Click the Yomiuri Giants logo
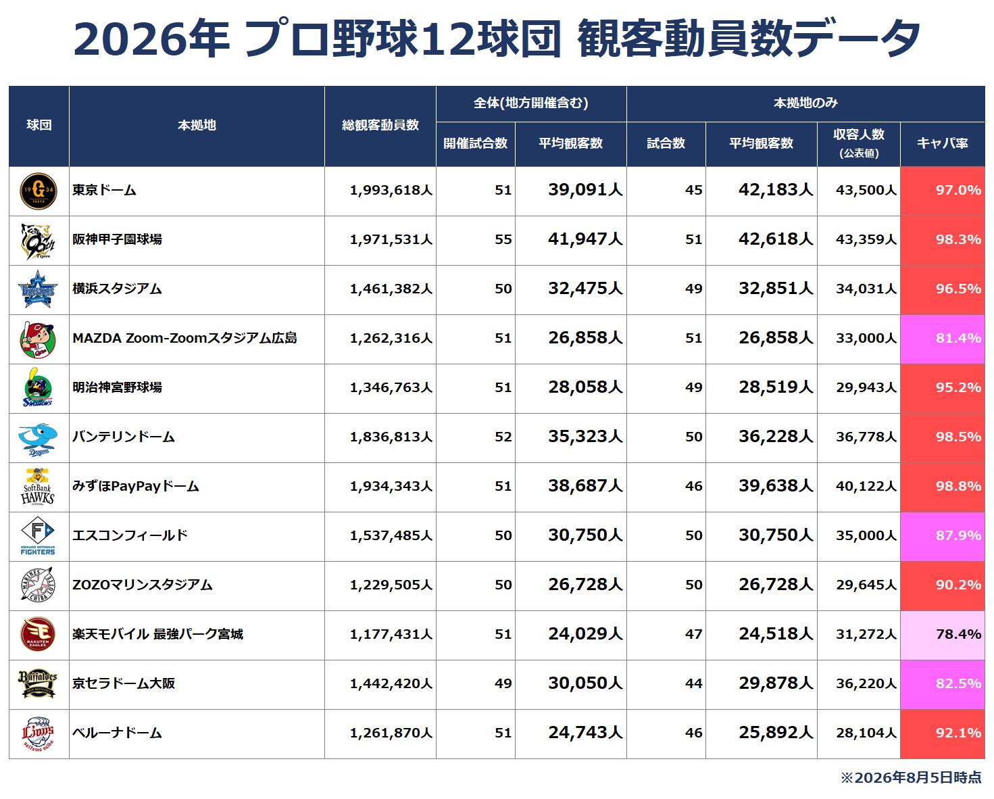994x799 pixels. click(x=39, y=191)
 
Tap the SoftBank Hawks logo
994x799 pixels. click(x=38, y=487)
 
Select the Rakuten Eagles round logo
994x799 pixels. click(x=38, y=635)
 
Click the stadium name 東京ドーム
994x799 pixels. click(x=104, y=191)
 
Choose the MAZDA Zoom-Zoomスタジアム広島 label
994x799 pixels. click(x=184, y=338)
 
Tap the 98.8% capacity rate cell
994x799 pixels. click(x=942, y=487)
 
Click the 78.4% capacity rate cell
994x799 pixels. click(x=942, y=635)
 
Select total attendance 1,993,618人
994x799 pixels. click(x=391, y=191)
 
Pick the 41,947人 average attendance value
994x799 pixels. click(x=585, y=239)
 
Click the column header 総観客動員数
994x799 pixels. click(x=380, y=125)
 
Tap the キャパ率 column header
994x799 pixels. click(x=942, y=143)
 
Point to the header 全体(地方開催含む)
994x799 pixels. click(x=531, y=103)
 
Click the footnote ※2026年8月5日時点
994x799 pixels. click(x=911, y=778)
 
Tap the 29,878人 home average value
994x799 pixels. click(x=776, y=683)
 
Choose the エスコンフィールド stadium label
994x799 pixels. click(x=130, y=535)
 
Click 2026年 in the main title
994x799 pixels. click(x=151, y=39)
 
